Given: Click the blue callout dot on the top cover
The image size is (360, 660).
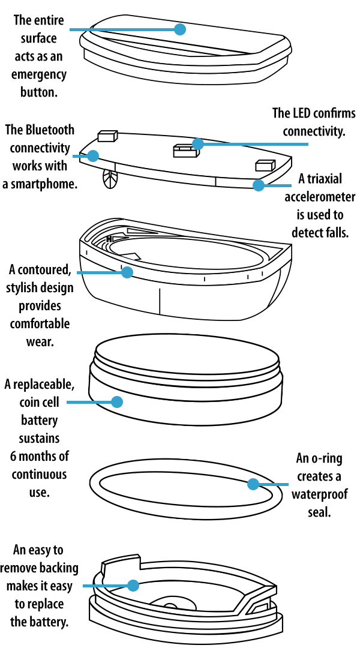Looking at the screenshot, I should coord(180,29).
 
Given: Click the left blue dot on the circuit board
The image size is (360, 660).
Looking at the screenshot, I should coord(93,156).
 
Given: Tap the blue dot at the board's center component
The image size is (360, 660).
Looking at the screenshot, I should coord(198,144).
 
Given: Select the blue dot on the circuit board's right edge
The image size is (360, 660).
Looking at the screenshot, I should coord(259,185).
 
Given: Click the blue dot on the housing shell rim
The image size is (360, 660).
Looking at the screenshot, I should coord(127,272).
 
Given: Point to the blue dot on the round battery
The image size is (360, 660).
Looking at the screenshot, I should coord(117,402).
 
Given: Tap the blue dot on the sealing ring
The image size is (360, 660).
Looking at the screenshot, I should coord(253,484).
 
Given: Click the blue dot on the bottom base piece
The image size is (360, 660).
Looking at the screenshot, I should coord(133,585).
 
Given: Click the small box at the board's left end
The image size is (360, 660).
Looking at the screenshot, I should coord(107,137).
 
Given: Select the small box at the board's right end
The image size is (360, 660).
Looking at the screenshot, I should coord(265,166).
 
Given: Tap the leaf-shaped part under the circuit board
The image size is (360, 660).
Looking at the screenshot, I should coord(110,179).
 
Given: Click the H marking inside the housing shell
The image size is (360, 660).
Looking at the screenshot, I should coord(109,239).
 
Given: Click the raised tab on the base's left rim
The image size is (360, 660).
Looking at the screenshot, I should coord(120,566).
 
